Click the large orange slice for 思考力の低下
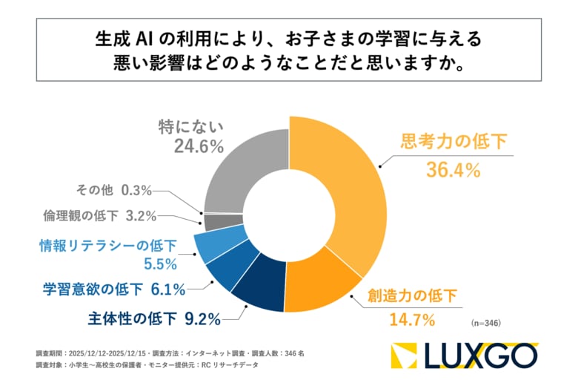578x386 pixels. pos(348,193)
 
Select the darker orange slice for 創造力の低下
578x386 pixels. pos(319,286)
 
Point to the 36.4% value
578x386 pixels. pos(453,170)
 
